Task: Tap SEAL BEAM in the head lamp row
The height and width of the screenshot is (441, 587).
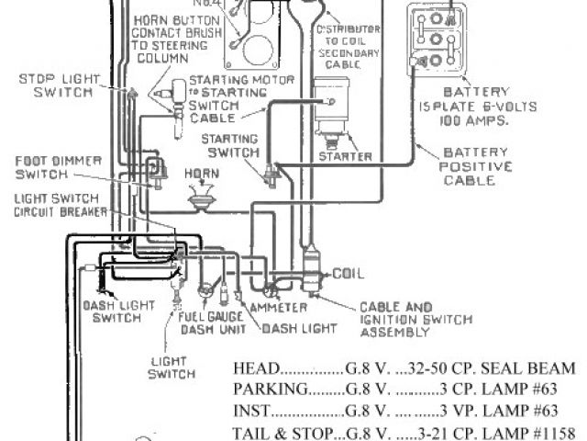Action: (x=537, y=368)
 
